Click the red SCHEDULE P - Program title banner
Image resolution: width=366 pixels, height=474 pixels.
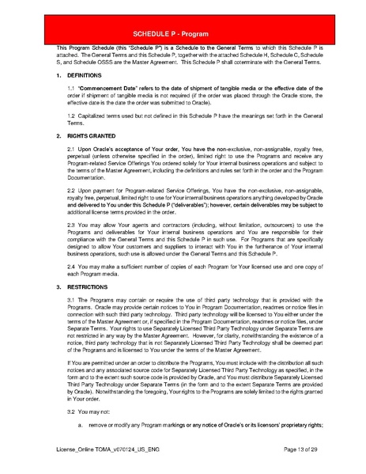point(183,35)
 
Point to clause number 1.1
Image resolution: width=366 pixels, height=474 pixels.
point(70,86)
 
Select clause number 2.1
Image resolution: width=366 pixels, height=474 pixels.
point(70,149)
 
